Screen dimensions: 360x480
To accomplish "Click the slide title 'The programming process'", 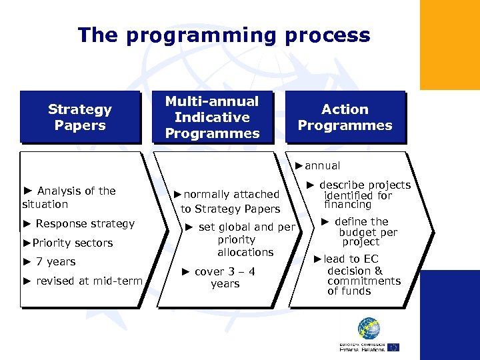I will point(223,35).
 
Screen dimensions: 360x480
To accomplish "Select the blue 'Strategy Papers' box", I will point(80,117).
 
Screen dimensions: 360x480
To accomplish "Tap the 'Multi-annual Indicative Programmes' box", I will point(212,117).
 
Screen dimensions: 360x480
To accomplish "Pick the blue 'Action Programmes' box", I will point(345,117).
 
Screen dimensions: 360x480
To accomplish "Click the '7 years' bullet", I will point(49,262).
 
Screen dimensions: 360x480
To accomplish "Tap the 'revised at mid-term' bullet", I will point(83,281).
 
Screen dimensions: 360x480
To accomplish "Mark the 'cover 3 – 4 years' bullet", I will point(222,277).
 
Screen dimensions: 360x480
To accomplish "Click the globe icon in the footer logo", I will point(369,328).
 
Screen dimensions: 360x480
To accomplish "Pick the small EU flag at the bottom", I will point(393,347).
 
